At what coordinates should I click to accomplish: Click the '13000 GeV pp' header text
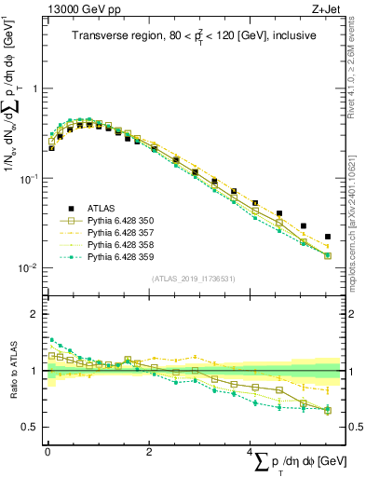(85, 9)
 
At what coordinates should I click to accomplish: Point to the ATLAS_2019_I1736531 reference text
(191, 279)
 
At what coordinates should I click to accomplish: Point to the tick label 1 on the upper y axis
(34, 89)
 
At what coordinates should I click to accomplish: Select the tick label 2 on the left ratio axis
(34, 314)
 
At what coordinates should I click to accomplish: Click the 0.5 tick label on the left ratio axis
(31, 428)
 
